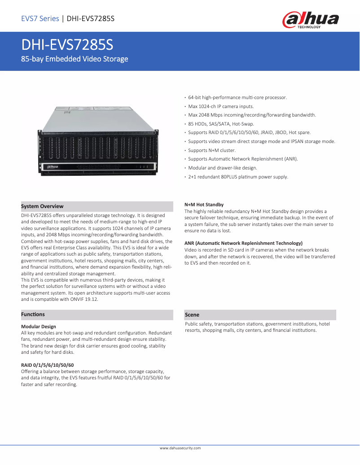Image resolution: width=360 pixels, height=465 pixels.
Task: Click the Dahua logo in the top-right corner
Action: [x=310, y=20]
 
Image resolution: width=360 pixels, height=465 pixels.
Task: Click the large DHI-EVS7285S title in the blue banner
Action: [x=67, y=45]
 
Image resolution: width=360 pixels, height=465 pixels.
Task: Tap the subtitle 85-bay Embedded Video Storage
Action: [x=75, y=59]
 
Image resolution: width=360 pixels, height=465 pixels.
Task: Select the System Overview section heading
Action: [x=42, y=206]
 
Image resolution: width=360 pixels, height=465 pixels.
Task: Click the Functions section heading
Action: [x=33, y=314]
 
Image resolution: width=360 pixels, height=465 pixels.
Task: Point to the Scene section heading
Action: [x=192, y=315]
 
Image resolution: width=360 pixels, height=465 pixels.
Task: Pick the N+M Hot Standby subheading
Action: [x=204, y=204]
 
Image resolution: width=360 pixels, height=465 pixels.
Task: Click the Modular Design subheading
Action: [x=39, y=326]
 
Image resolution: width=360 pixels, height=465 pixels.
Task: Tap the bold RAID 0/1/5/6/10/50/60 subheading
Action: [x=48, y=365]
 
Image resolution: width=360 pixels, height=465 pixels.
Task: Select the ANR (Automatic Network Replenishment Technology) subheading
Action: [x=243, y=243]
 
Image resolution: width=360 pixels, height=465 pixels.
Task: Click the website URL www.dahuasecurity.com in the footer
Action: [x=180, y=448]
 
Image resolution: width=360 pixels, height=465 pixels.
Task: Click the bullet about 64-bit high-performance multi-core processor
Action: [x=237, y=97]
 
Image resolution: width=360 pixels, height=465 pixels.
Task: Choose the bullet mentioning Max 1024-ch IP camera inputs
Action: [x=221, y=106]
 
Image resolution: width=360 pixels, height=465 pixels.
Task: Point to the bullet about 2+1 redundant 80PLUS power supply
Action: [x=238, y=177]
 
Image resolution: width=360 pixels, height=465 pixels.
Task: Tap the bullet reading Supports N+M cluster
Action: [x=212, y=150]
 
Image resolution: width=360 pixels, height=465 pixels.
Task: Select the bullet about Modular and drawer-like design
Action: [x=223, y=168]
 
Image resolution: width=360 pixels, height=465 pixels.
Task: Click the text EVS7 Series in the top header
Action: [x=40, y=18]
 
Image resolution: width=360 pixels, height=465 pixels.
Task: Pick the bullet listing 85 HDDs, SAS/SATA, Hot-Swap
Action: [x=221, y=124]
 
